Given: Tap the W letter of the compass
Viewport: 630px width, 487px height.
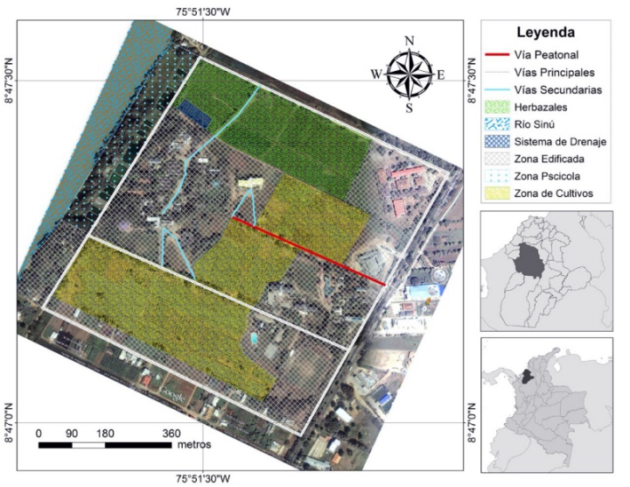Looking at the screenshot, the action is pos(376,74).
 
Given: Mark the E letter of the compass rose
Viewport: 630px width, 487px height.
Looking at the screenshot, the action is pos(441,74).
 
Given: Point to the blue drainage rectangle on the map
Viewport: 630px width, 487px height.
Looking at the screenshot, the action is pos(193,112).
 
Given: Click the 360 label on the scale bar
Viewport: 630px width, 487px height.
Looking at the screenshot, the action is pos(171,433).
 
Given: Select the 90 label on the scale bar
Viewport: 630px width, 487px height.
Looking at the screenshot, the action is pos(72,433).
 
